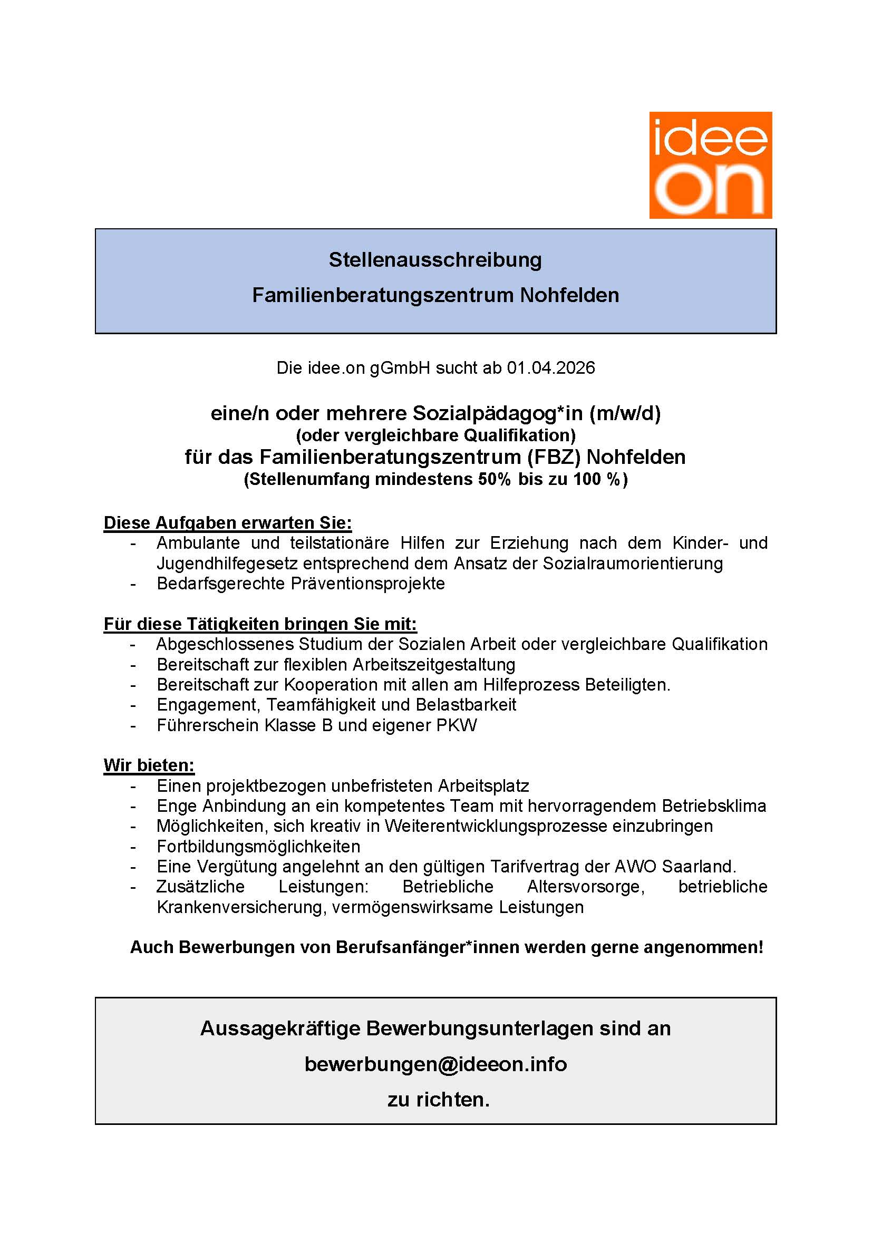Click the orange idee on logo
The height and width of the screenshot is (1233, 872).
click(x=710, y=165)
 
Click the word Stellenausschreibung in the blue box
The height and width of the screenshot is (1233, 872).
click(x=435, y=260)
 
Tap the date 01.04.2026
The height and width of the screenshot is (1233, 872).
click(x=551, y=368)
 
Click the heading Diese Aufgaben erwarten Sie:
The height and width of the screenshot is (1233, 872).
click(x=228, y=522)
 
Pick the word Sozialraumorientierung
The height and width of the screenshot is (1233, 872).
click(x=633, y=564)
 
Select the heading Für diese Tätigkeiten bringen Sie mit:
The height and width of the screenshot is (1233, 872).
click(x=260, y=624)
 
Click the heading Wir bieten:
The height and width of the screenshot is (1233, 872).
click(x=149, y=765)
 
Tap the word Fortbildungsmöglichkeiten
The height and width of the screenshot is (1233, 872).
click(x=258, y=847)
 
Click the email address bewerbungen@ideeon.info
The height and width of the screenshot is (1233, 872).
click(x=435, y=1064)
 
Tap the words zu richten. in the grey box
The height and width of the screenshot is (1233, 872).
click(x=439, y=1099)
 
